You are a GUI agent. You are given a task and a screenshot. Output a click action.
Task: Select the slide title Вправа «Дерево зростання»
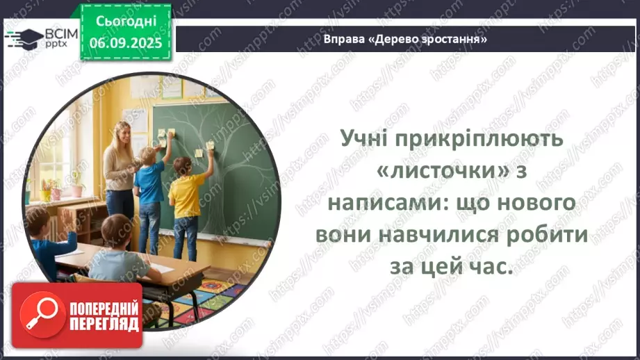click(x=404, y=39)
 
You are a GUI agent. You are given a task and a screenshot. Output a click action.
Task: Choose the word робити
click(x=552, y=235)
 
